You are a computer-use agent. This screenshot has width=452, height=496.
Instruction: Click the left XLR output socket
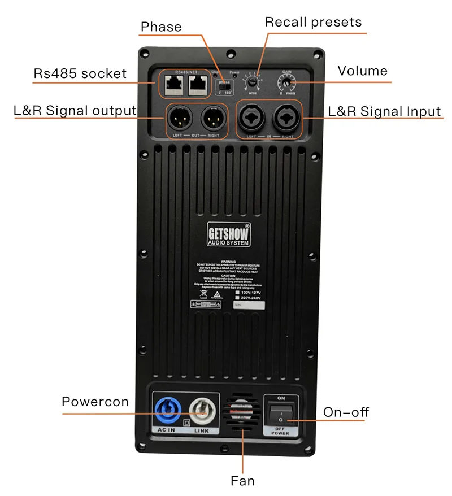[180, 118]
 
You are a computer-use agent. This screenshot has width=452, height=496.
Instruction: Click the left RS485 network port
[171, 84]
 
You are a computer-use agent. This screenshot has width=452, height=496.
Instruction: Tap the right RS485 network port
[196, 84]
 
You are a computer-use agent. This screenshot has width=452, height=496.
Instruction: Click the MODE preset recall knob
[251, 83]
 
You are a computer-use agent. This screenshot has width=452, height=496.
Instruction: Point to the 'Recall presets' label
[313, 23]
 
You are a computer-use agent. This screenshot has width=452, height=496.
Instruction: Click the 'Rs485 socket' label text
[80, 73]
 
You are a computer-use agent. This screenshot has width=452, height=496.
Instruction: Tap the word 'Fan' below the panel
[242, 481]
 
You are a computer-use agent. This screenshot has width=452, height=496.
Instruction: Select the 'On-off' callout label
[346, 412]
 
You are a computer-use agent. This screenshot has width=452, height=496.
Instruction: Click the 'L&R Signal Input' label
[384, 111]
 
